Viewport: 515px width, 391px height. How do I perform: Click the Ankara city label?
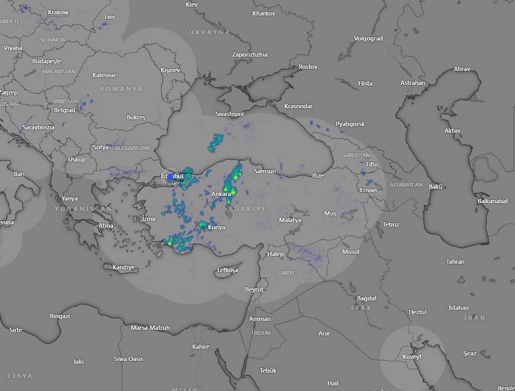221,194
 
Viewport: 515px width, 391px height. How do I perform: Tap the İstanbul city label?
172,177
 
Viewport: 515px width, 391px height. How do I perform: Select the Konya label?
216,228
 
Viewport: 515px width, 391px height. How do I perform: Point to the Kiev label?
192,4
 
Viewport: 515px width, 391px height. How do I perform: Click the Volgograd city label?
368,39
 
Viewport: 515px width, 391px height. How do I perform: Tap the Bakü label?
436,187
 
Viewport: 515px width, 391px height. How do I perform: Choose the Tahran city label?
455,262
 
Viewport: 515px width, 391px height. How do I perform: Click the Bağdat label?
367,298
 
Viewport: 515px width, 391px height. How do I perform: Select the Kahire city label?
201,347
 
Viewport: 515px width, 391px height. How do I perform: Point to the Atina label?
106,226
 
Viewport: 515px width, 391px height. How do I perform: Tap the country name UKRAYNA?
210,32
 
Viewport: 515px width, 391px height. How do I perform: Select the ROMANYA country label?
121,89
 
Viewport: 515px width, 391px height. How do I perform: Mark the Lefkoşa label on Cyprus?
228,270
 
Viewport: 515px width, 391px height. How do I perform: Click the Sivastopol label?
230,114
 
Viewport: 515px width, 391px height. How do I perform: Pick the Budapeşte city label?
47,61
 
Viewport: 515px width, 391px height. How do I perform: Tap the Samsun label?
265,171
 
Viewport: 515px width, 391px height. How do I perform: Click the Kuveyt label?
412,357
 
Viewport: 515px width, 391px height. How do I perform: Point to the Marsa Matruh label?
150,328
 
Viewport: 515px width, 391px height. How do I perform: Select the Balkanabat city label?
493,201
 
